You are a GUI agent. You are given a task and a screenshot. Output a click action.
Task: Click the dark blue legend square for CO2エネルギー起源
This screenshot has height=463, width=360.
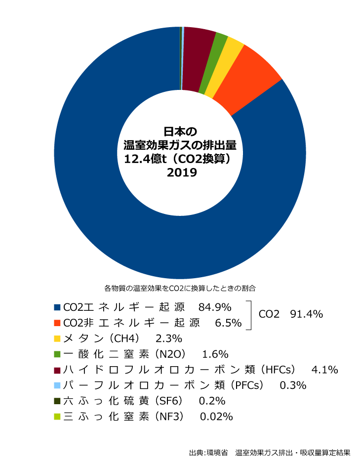coord(57,307)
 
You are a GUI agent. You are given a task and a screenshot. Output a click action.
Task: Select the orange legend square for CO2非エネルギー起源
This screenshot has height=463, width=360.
coord(57,323)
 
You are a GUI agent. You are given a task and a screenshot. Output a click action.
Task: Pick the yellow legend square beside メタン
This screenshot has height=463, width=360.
coord(57,338)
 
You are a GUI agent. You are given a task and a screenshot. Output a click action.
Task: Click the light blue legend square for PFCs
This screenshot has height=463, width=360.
coord(57,385)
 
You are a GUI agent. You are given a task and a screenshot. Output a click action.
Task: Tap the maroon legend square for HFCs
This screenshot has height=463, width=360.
coord(57,370)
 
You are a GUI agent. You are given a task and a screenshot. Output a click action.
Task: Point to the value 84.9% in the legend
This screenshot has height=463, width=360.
coord(214,307)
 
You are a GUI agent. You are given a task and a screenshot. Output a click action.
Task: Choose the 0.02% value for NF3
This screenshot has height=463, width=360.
coord(216,417)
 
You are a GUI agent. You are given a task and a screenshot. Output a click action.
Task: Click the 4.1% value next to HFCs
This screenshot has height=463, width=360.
coord(325,370)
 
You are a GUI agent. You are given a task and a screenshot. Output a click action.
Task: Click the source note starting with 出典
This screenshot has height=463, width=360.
coord(270,452)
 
